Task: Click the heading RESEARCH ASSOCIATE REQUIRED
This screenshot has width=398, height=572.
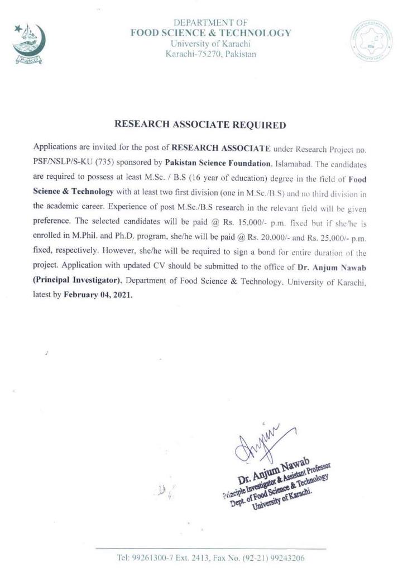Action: pos(200,125)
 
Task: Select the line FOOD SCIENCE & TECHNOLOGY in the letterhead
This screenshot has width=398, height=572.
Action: pos(210,33)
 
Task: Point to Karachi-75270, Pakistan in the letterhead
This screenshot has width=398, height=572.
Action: pos(210,54)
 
